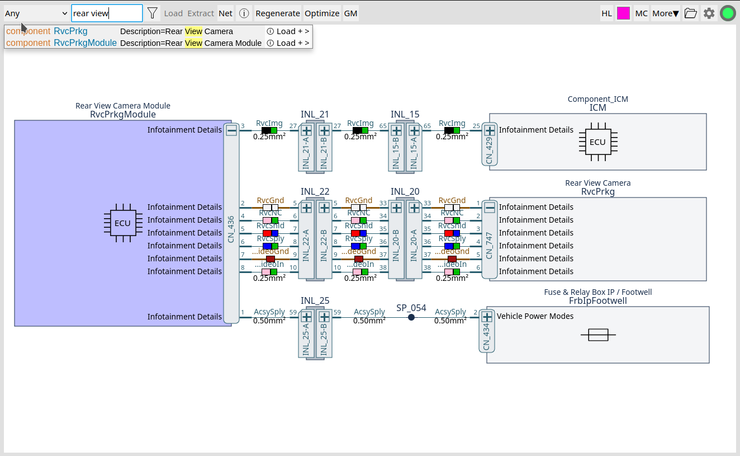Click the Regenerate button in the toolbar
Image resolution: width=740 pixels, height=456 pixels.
(278, 13)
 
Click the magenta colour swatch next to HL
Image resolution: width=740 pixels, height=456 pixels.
(623, 13)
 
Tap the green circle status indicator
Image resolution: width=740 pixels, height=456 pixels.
(728, 13)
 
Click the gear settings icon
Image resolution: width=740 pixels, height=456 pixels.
(709, 13)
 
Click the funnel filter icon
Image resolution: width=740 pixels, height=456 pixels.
(153, 13)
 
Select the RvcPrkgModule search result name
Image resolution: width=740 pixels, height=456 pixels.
(85, 43)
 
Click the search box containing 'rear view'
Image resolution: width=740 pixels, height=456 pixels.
(107, 13)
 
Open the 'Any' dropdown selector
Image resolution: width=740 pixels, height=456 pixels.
(36, 13)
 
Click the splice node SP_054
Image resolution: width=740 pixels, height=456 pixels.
(411, 317)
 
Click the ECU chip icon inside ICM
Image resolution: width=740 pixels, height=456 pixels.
(597, 142)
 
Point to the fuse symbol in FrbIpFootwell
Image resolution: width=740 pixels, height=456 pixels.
(598, 335)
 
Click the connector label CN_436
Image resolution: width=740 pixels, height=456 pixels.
(231, 228)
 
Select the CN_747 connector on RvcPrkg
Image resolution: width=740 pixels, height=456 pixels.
(489, 245)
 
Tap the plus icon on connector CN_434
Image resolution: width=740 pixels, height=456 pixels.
(487, 316)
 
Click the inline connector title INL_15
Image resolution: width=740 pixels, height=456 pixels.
(405, 115)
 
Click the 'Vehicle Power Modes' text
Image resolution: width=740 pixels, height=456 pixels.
(535, 316)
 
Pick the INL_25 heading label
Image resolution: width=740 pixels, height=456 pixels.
(315, 300)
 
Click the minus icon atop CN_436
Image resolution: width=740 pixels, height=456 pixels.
(231, 130)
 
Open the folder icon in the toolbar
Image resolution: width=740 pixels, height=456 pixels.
(690, 13)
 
